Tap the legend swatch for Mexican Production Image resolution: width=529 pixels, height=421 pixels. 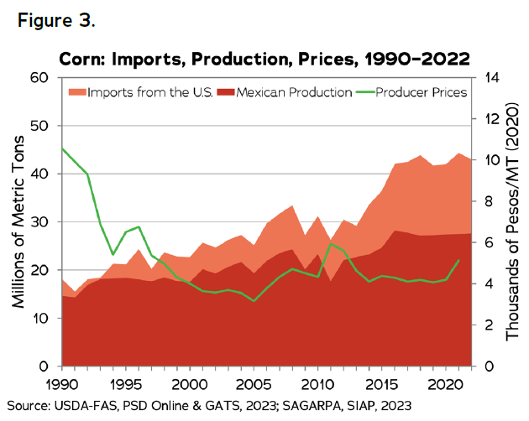pyautogui.click(x=225, y=91)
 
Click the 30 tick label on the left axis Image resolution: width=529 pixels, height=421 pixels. pyautogui.click(x=40, y=222)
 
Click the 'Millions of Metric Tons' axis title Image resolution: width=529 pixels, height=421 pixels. pyautogui.click(x=16, y=222)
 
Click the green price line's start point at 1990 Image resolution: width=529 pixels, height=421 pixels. pyautogui.click(x=60, y=148)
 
